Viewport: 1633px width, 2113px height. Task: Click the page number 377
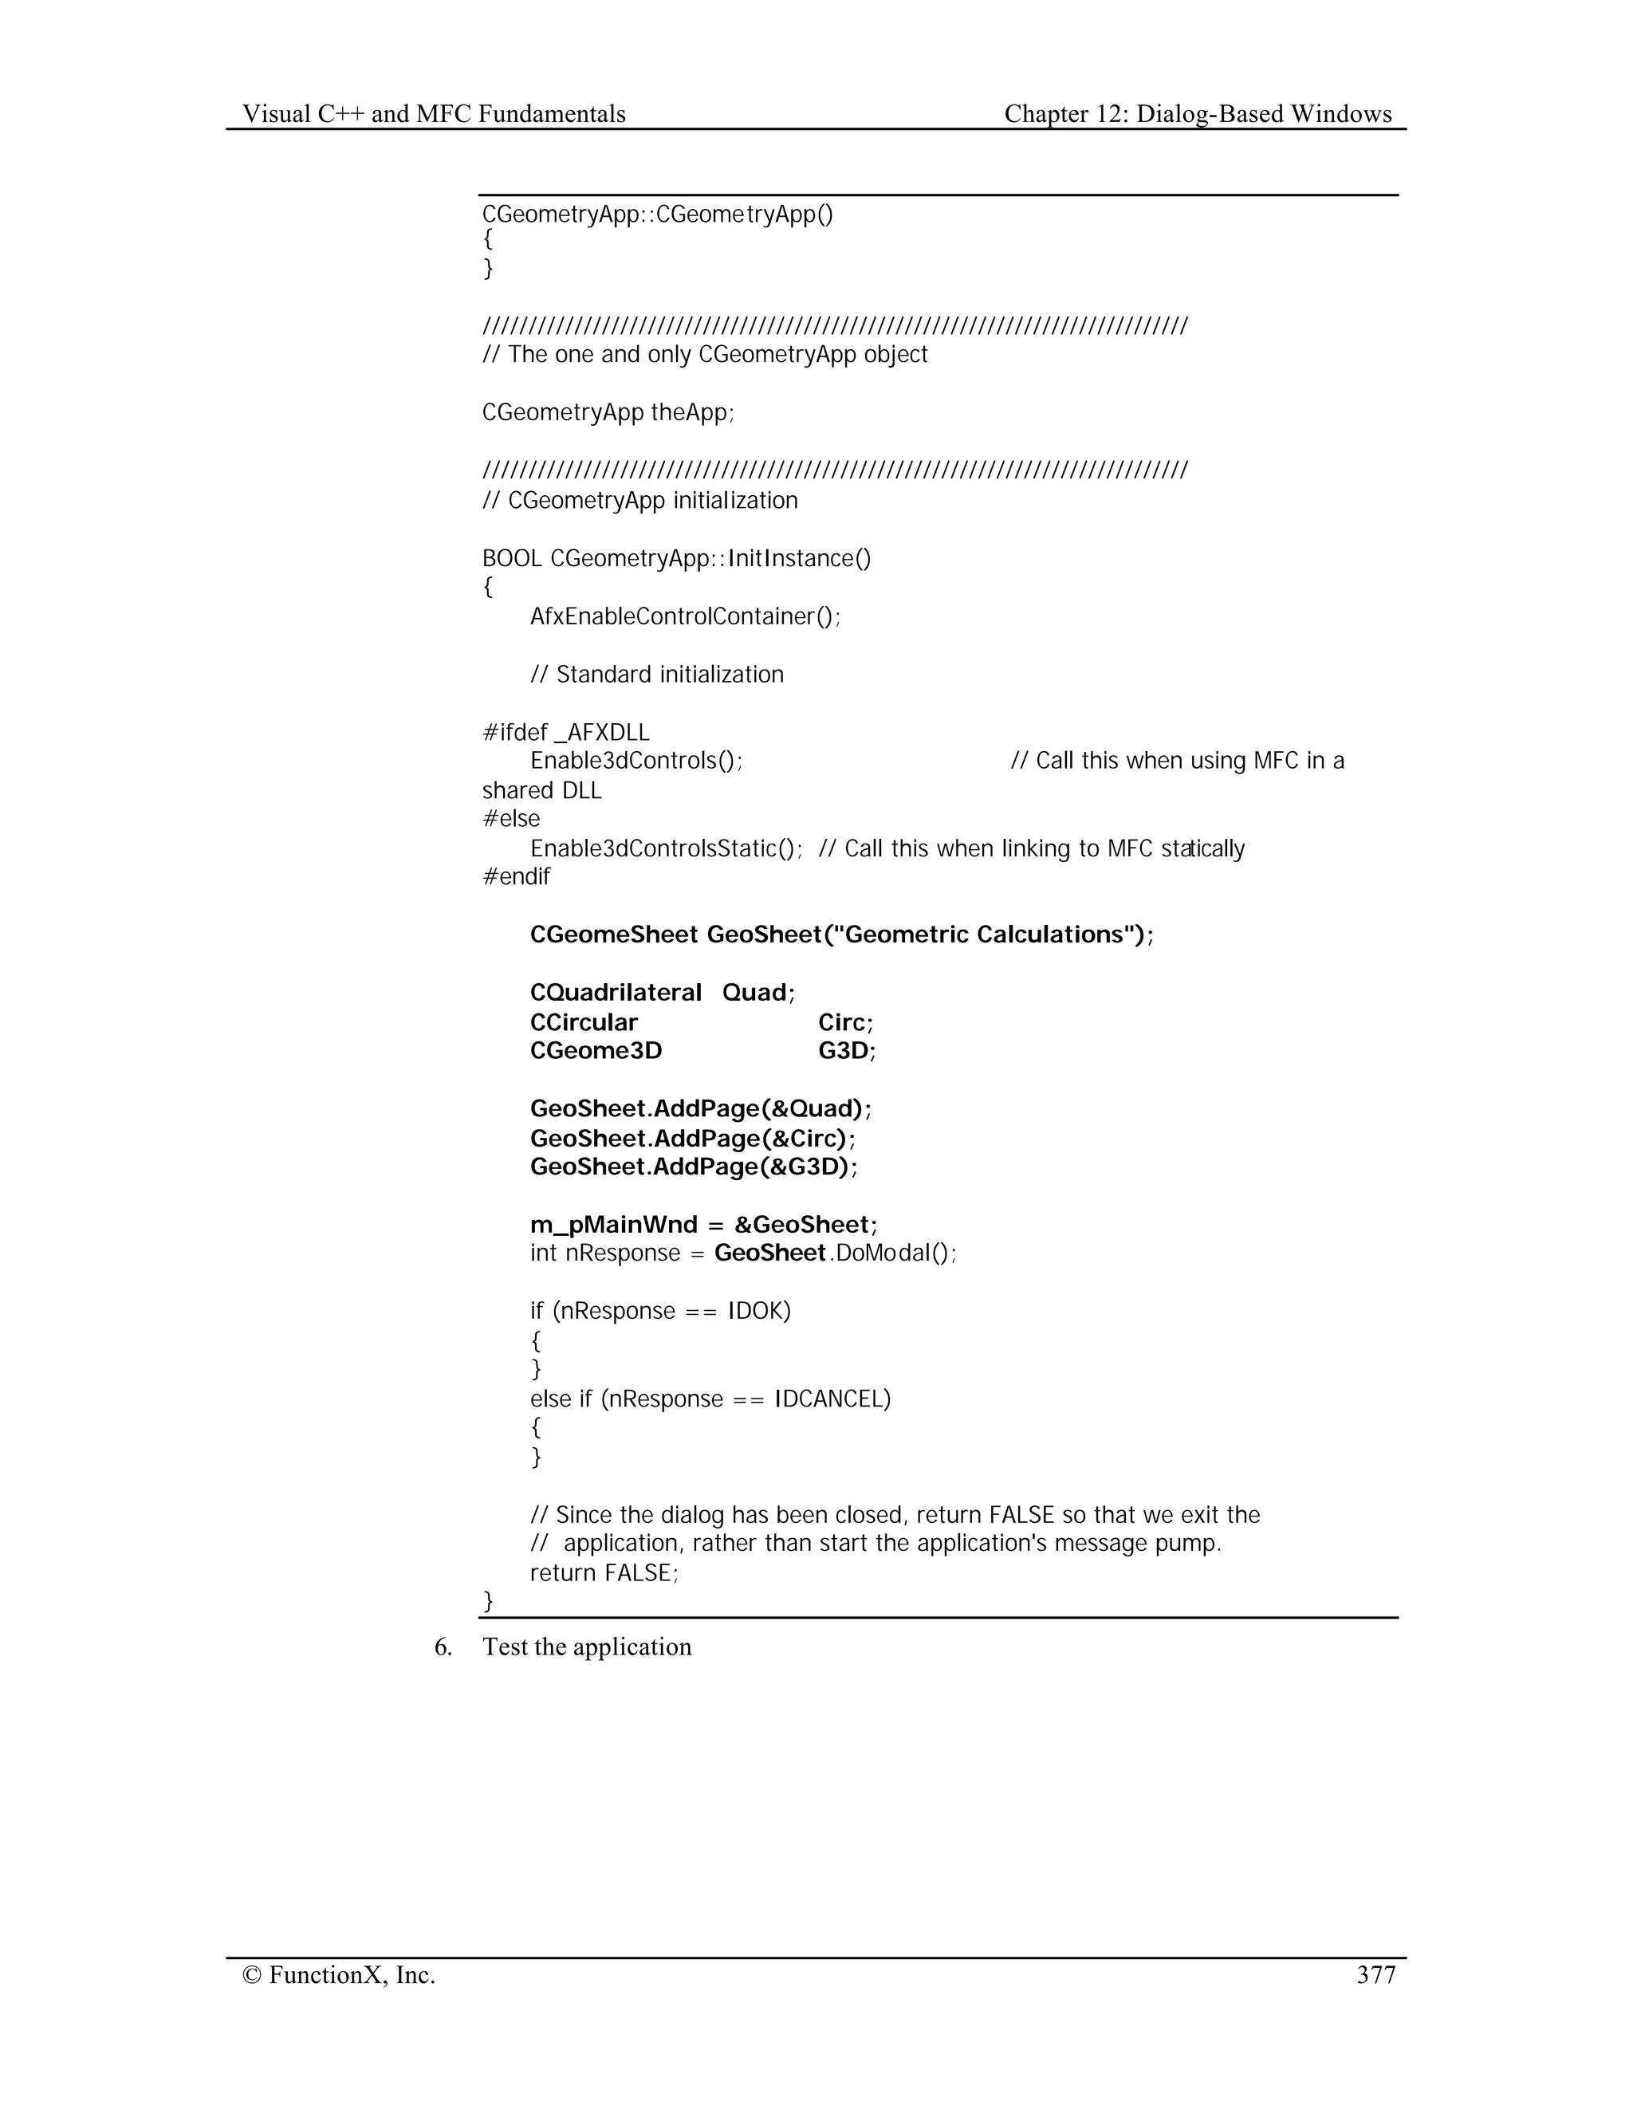1375,1974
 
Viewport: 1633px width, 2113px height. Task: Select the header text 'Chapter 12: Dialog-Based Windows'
1198,114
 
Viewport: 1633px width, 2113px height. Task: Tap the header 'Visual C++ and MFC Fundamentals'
434,114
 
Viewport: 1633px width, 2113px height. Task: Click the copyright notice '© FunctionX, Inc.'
339,1974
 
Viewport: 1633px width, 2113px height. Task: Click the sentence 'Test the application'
587,1647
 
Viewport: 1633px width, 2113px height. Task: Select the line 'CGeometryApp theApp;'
608,412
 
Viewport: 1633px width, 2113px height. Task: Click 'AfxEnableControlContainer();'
685,616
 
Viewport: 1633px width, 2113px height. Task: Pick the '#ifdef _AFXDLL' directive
566,733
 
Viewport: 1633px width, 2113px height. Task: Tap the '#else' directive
511,819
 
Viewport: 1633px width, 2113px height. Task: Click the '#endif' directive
516,876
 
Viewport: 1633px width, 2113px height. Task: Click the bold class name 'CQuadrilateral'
616,993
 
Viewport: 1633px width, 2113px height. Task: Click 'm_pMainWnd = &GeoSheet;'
703,1225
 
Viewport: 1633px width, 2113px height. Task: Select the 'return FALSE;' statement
604,1573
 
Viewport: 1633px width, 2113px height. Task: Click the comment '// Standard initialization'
657,675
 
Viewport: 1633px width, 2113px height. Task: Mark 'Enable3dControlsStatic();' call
667,848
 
